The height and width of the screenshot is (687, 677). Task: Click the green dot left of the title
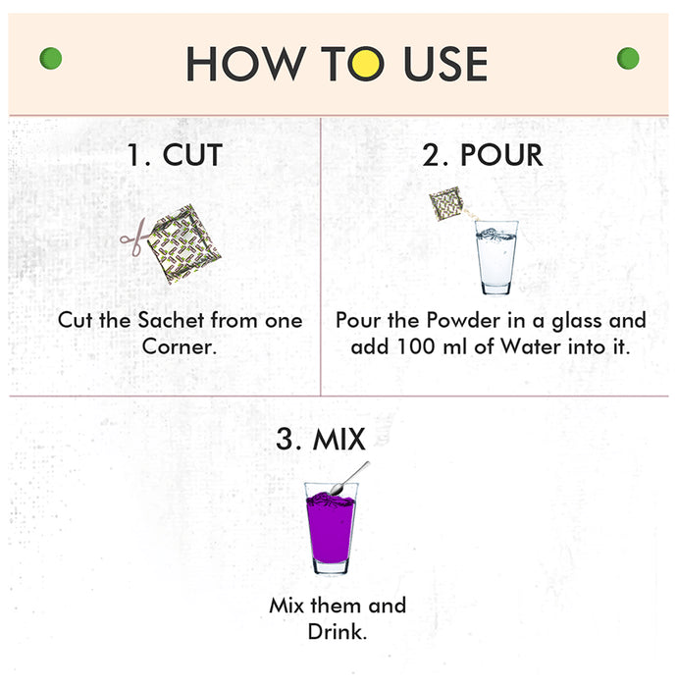(51, 58)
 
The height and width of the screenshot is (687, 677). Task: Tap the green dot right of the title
(628, 58)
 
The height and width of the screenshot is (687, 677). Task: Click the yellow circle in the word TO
(366, 64)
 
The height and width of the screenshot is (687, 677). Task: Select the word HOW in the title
(246, 64)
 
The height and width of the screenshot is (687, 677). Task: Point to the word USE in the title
(445, 64)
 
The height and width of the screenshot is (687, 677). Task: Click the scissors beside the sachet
(135, 238)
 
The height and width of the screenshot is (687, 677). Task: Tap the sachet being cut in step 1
(183, 244)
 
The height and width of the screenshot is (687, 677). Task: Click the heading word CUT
(192, 155)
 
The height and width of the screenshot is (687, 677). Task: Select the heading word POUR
(501, 155)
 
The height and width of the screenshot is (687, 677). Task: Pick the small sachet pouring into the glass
(446, 203)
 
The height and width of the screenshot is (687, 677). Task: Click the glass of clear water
(496, 257)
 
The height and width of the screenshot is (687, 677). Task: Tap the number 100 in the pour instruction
(416, 347)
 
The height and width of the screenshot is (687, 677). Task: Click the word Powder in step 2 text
(463, 320)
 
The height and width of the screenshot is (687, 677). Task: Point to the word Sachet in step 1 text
(172, 320)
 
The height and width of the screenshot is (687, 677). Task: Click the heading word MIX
(338, 439)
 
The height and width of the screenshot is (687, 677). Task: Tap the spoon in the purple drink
(349, 479)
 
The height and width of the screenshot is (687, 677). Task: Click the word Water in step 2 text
(531, 347)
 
